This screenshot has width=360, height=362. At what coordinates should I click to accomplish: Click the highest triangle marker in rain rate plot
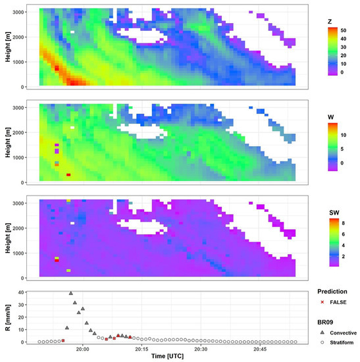click(x=71, y=294)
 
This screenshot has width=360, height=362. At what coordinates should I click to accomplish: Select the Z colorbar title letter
click(x=321, y=21)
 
